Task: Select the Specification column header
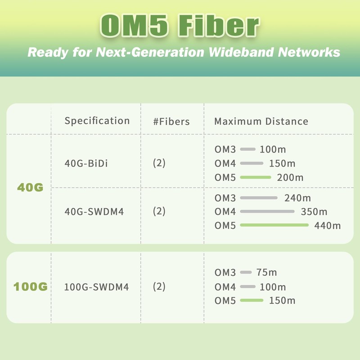pos(97,121)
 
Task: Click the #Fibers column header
pos(171,121)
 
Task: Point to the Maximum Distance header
pos(261,121)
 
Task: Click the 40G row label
pos(30,188)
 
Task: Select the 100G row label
pos(31,287)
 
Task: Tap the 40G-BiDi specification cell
pos(86,163)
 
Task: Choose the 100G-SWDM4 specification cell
pos(96,287)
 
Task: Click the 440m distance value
pos(327,225)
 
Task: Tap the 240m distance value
pos(297,198)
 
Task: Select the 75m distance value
pos(267,272)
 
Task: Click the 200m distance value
pos(290,177)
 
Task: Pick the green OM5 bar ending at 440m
pos(274,225)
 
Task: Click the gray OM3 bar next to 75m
pos(246,272)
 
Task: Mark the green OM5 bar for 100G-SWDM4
pos(252,300)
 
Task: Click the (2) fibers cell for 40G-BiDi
pos(159,163)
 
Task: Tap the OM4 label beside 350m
pos(225,211)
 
